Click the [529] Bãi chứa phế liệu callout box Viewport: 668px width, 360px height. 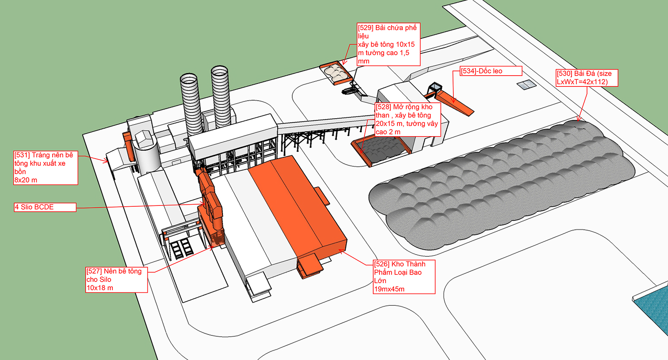coord(388,44)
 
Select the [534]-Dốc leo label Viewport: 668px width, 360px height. coord(491,71)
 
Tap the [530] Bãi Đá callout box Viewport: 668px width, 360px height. coord(587,78)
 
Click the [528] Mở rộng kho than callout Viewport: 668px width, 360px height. coord(407,119)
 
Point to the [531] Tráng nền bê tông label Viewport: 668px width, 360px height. coord(46,167)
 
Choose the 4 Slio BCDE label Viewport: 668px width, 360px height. coord(45,207)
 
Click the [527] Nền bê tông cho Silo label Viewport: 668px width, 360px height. coord(116,279)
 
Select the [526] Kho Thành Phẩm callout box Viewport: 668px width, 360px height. coord(404,277)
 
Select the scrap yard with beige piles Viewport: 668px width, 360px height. coord(336,73)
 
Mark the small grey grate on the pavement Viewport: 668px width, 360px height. coord(526,85)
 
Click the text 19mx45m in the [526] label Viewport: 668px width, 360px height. coord(389,289)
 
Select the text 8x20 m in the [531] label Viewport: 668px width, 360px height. coord(25,180)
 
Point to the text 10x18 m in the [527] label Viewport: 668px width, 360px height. coord(100,288)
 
